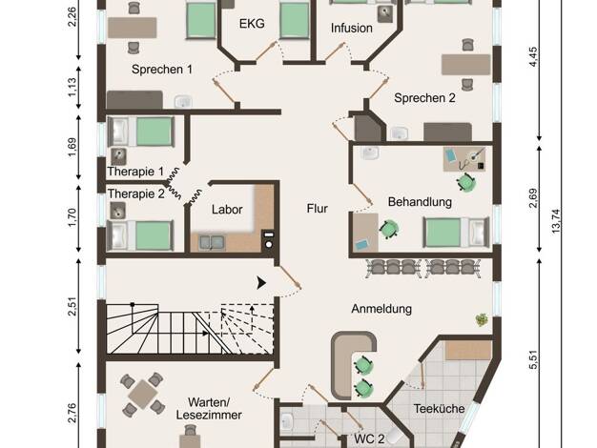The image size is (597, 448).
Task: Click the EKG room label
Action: tap(252, 24)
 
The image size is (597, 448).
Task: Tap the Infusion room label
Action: tap(351, 28)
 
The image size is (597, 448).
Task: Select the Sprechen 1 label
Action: tap(162, 70)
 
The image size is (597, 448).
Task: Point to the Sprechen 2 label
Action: tap(424, 98)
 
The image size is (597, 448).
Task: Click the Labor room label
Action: tap(227, 210)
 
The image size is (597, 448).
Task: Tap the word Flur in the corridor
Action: tap(318, 209)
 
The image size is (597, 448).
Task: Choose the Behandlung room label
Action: tap(420, 202)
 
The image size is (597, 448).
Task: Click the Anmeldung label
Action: tap(381, 309)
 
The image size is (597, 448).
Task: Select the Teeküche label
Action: tap(439, 409)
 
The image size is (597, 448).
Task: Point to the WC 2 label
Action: tap(369, 438)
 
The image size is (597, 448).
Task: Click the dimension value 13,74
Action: tap(555, 221)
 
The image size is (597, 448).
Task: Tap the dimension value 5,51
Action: tap(533, 359)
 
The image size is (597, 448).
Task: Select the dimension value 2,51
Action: tap(72, 306)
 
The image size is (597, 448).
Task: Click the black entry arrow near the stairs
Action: tap(261, 283)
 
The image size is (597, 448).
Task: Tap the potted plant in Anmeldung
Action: tap(482, 319)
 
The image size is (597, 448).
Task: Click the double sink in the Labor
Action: tap(212, 243)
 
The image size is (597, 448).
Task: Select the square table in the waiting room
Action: tap(142, 394)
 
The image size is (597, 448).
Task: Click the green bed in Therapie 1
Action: tap(154, 132)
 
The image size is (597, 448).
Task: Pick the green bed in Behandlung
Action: tap(443, 233)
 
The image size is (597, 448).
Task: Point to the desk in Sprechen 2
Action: tap(465, 65)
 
